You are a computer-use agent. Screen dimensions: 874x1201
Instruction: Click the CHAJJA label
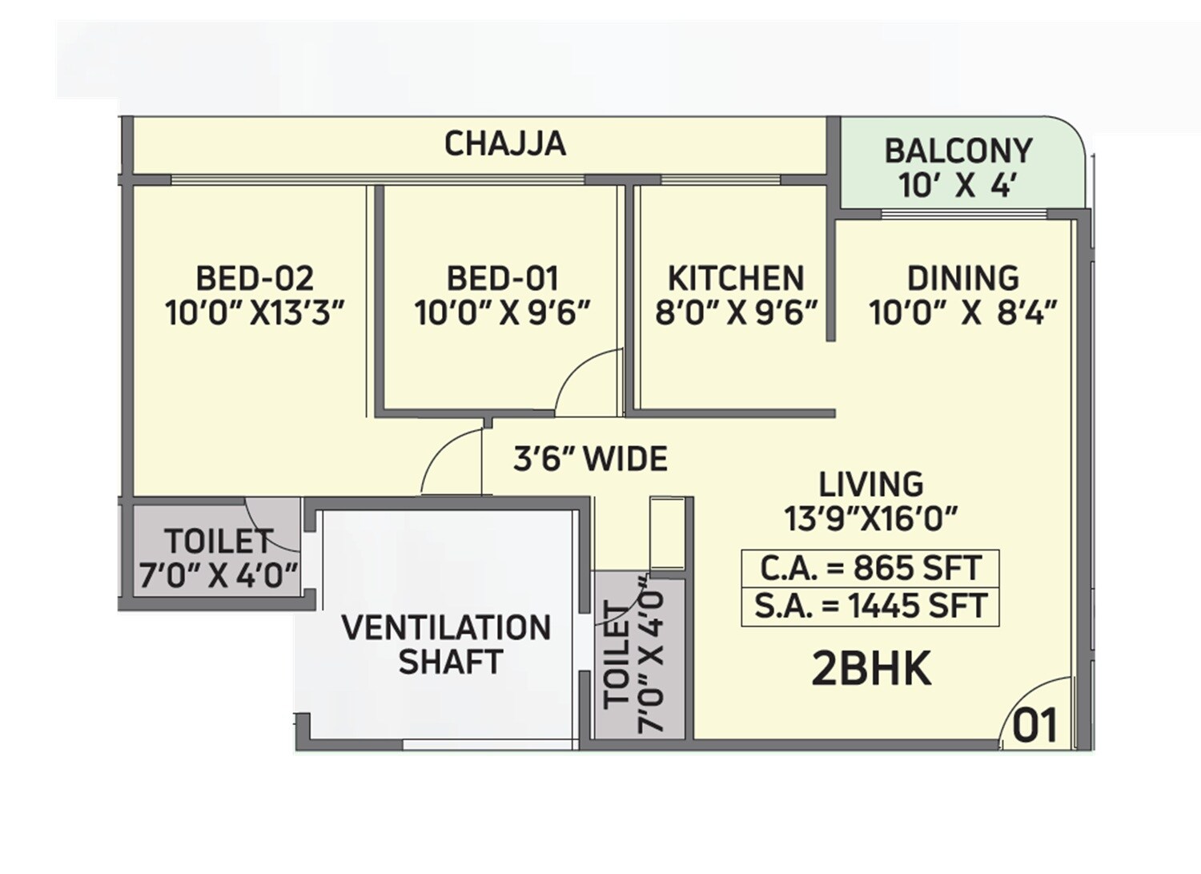[505, 144]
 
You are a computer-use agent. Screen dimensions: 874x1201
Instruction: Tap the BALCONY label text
[958, 151]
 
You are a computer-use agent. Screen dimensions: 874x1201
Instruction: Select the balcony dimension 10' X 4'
[958, 187]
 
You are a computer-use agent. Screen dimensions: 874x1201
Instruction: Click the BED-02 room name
[255, 279]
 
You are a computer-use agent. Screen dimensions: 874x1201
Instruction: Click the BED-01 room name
[502, 279]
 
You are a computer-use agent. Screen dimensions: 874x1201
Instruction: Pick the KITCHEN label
[735, 279]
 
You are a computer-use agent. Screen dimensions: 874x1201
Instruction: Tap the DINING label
[962, 279]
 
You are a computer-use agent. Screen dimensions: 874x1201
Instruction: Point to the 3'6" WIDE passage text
[590, 460]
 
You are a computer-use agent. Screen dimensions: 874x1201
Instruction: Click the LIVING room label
[870, 485]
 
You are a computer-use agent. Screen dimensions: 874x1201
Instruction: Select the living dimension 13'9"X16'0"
[871, 519]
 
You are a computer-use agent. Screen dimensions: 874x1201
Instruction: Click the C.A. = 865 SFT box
[870, 568]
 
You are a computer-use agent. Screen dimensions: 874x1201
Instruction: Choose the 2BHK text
[871, 670]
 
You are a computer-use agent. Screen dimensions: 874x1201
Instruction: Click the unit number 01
[1035, 726]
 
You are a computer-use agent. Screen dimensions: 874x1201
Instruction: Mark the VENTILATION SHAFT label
[447, 645]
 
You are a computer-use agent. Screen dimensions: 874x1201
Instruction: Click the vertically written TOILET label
[617, 655]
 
